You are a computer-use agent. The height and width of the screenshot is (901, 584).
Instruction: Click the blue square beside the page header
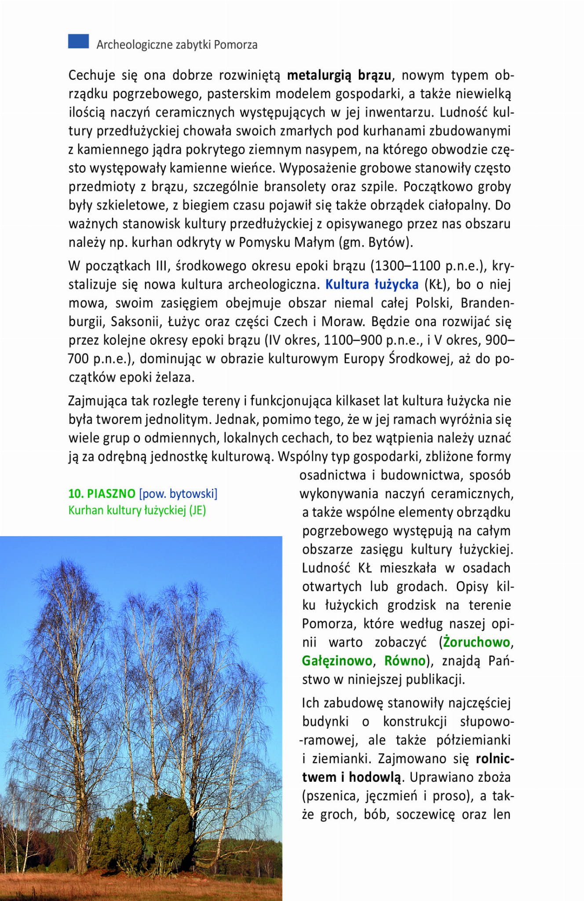[78, 41]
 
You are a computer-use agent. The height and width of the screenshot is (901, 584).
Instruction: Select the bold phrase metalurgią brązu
[339, 76]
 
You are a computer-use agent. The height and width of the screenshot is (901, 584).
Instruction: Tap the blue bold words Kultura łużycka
[372, 285]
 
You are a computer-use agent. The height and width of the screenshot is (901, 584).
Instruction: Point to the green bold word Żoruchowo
[476, 642]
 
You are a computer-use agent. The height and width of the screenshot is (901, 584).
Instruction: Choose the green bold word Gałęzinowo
[337, 661]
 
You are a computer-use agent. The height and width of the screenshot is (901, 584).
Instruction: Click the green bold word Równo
[405, 661]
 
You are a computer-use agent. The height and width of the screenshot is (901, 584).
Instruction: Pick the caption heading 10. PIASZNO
[102, 494]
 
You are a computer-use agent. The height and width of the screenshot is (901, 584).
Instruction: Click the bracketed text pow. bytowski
[178, 494]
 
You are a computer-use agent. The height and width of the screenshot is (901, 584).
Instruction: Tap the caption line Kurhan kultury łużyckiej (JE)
[137, 511]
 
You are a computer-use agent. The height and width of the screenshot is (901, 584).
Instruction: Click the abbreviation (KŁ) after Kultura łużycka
[436, 285]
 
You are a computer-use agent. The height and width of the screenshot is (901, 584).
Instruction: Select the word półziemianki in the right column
[473, 740]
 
